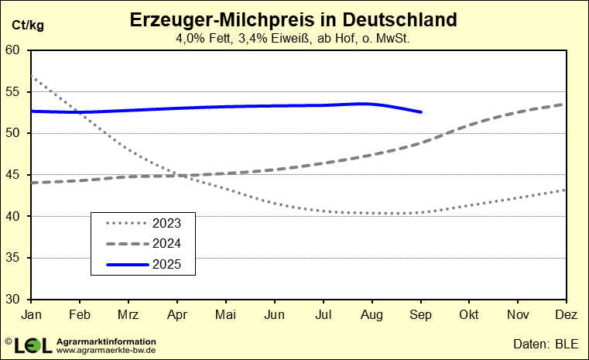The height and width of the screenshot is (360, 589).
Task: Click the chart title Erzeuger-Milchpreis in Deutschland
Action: (293, 19)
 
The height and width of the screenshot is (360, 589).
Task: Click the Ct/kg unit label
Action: (27, 25)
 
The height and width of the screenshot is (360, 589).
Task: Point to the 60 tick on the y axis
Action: (17, 50)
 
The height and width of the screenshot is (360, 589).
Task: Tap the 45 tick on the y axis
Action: (17, 175)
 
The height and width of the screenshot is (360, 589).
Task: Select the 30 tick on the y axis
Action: (17, 300)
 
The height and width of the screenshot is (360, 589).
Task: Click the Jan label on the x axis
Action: (31, 314)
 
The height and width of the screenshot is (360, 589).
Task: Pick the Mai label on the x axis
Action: (225, 314)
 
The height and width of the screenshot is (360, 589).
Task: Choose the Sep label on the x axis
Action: (420, 314)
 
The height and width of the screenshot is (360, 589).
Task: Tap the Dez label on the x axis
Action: (567, 314)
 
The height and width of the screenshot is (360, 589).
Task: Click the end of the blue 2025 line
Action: (421, 112)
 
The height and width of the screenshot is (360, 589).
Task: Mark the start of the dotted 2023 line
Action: (32, 76)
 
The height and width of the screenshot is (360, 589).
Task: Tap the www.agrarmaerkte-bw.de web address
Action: (107, 350)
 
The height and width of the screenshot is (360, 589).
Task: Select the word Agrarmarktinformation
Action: (107, 341)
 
